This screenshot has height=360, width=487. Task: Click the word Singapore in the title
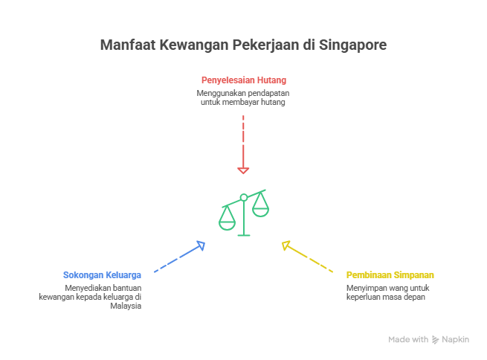click(353, 45)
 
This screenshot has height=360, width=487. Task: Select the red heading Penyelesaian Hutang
click(243, 80)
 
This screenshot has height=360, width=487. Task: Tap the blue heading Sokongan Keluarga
click(102, 274)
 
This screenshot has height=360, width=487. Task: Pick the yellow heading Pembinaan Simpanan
click(390, 274)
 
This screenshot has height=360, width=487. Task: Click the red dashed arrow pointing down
click(243, 141)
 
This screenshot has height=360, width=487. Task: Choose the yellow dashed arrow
click(309, 257)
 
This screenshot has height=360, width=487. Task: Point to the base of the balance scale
click(243, 235)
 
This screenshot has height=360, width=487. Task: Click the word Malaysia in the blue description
click(127, 306)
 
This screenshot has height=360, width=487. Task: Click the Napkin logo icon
click(435, 339)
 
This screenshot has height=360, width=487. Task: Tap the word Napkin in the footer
click(456, 339)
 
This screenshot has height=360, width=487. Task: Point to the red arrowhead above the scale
click(243, 170)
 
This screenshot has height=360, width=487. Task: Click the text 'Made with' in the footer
click(407, 339)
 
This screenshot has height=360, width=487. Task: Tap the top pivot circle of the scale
click(243, 197)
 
